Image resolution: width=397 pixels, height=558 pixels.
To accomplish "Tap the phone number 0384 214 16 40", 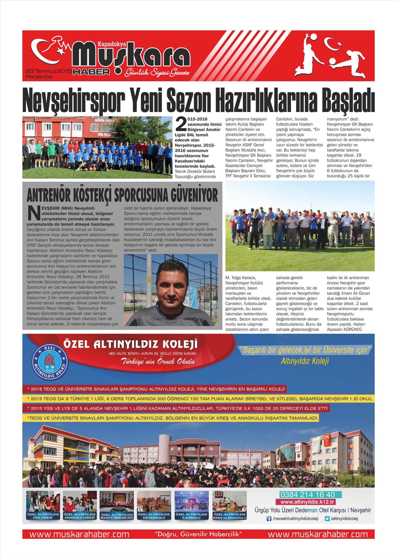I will (307, 494).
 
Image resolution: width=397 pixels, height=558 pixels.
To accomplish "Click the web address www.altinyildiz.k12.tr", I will (308, 502).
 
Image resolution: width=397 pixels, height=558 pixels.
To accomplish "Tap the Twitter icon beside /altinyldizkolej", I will (327, 519).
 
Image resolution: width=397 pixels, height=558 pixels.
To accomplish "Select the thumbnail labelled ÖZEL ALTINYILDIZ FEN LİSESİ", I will (43, 505).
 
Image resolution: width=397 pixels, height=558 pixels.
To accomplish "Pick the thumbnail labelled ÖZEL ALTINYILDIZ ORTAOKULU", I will (154, 505).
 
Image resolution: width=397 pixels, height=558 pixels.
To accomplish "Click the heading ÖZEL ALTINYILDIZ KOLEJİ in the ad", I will (130, 345).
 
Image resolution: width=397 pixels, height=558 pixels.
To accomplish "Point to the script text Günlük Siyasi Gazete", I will (157, 72).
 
